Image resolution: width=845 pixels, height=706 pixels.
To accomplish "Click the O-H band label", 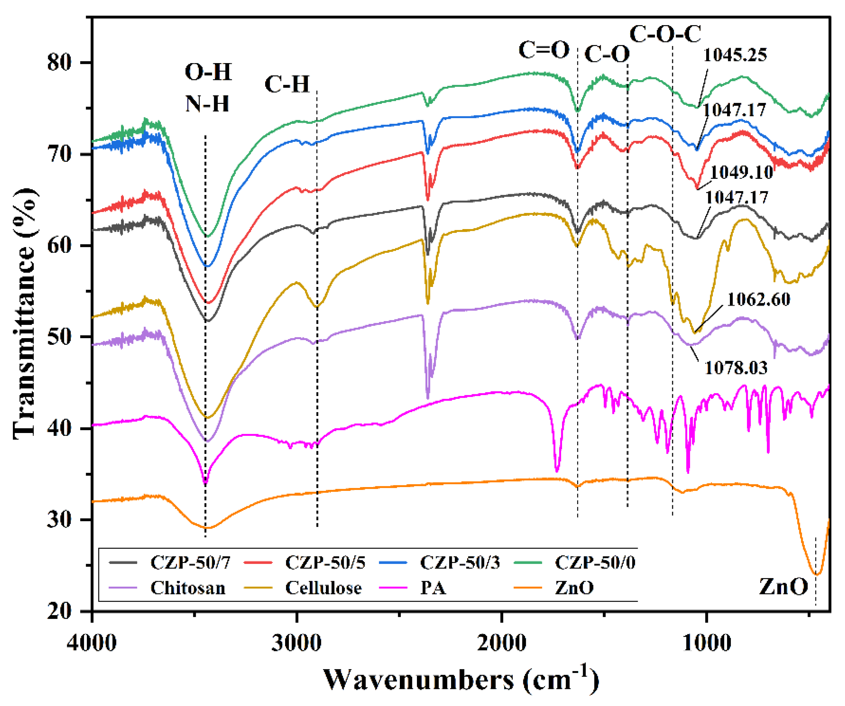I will point(208,73).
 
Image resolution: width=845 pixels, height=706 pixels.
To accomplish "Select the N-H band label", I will point(207,104).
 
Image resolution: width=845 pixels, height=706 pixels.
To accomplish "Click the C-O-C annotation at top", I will point(665,34).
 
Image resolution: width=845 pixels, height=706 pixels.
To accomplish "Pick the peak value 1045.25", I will point(735,55).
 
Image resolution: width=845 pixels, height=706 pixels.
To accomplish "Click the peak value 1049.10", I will point(741,173).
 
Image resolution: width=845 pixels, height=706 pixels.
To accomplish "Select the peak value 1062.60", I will point(758,299).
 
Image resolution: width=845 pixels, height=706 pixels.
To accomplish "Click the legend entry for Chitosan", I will point(187,588).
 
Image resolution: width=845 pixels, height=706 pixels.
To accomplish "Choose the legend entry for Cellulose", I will point(323,588).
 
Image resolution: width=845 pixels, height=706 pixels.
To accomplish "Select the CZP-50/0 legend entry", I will point(595,562).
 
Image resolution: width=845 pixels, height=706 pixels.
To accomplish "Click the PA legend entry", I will point(433,588).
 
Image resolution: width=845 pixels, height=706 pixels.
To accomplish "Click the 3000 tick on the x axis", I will point(297,643).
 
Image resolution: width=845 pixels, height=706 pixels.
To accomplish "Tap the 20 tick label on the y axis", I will point(59,611).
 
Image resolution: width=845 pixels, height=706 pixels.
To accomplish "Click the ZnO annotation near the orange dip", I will point(783,587).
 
